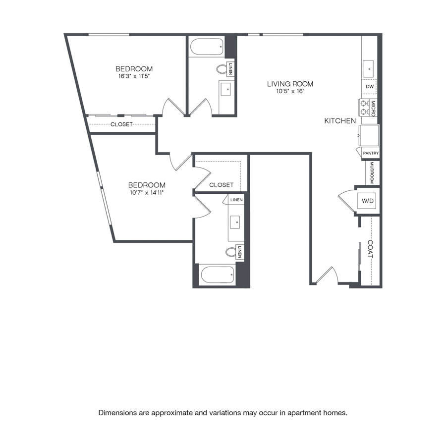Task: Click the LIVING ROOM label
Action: pyautogui.click(x=290, y=84)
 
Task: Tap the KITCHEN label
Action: pyautogui.click(x=340, y=121)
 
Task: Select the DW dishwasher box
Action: pyautogui.click(x=370, y=86)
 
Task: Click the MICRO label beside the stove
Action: pyautogui.click(x=373, y=109)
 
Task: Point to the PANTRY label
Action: pyautogui.click(x=371, y=153)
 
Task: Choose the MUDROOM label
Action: pyautogui.click(x=372, y=172)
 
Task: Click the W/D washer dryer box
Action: pyautogui.click(x=368, y=201)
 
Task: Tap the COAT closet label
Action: pyautogui.click(x=370, y=249)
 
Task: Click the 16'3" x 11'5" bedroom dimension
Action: pyautogui.click(x=134, y=76)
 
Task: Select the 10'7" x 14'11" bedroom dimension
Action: pyautogui.click(x=147, y=193)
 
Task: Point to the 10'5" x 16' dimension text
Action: pyautogui.click(x=290, y=91)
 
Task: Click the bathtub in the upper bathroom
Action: pyautogui.click(x=207, y=47)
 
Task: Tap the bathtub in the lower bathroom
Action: pyautogui.click(x=218, y=275)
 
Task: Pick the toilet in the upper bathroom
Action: pyautogui.click(x=222, y=69)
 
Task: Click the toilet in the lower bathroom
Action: pyautogui.click(x=230, y=252)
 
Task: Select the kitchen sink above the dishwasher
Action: pyautogui.click(x=368, y=69)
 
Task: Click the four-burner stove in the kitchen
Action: pyautogui.click(x=364, y=108)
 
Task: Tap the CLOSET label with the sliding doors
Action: pyautogui.click(x=121, y=124)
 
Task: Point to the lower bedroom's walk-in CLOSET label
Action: pyautogui.click(x=222, y=185)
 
